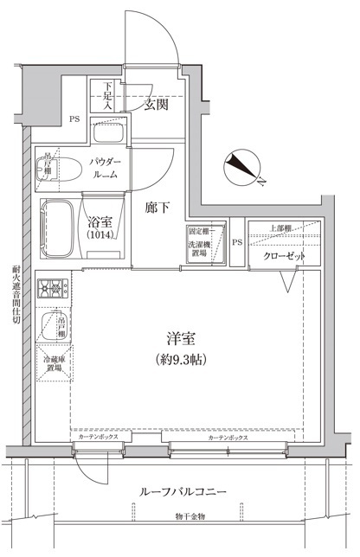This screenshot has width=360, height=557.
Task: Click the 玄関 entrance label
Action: point(157,105)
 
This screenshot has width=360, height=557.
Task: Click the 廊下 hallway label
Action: point(157,208)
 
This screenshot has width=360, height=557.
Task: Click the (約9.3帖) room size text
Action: point(180,358)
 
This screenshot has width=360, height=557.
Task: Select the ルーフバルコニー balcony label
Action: point(183,491)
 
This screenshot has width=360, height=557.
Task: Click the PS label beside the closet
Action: point(235,242)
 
